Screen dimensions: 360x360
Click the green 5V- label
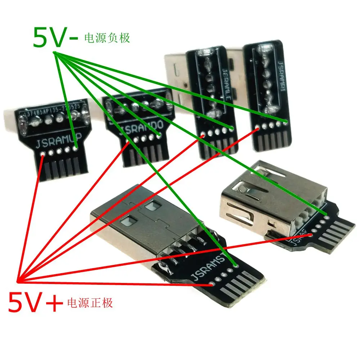click(54, 38)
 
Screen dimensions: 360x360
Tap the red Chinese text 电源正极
click(90, 302)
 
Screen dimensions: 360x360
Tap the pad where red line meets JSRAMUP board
click(43, 154)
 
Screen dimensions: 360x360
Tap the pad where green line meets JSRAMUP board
click(76, 148)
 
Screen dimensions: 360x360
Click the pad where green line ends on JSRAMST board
click(236, 266)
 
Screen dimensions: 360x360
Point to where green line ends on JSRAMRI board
click(285, 122)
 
